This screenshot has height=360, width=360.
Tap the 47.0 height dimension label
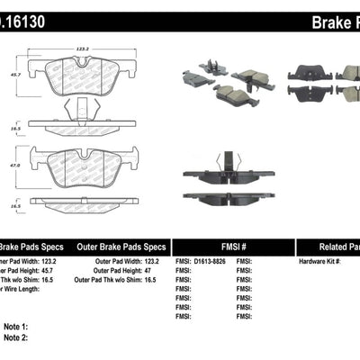(13, 166)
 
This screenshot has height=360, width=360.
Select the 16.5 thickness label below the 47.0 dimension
(13, 206)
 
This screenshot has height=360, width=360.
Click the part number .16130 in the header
(22, 15)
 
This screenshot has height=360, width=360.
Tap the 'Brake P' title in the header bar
(332, 15)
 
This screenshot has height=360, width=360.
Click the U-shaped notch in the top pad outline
(82, 60)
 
